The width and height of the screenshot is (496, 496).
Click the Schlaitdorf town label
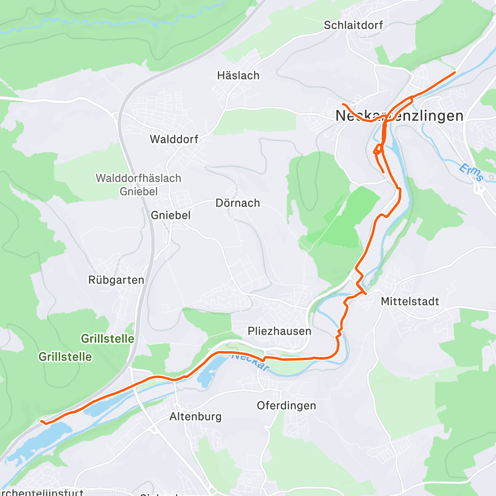[x=353, y=25]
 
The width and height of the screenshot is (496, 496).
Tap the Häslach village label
[x=238, y=75]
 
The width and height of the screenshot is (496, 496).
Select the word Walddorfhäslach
[x=138, y=178]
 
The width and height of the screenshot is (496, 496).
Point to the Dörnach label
[x=238, y=203]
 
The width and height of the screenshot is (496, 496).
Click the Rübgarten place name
[x=116, y=280]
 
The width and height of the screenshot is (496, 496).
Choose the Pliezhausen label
[x=279, y=331]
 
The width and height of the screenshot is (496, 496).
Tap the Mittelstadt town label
[x=410, y=301]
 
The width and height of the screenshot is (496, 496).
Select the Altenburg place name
[x=195, y=416]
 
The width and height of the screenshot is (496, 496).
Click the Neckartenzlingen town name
[x=399, y=116]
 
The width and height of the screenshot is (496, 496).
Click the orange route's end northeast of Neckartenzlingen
[x=454, y=73]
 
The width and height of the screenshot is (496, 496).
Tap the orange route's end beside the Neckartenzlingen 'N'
[x=343, y=104]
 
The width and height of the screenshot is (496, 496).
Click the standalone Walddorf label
[x=174, y=139]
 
